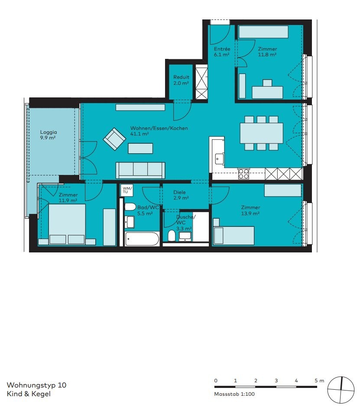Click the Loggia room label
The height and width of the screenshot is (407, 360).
(x=48, y=135)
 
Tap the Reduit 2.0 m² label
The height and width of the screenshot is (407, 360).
(x=181, y=80)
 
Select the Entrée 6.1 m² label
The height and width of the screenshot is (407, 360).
(x=222, y=52)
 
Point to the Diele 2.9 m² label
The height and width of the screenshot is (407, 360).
(x=181, y=195)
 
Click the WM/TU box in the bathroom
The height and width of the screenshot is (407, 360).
(x=126, y=190)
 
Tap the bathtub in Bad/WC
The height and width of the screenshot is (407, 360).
(x=142, y=239)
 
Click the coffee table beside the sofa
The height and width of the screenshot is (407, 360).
(x=140, y=148)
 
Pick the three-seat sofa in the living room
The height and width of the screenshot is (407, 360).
(x=140, y=169)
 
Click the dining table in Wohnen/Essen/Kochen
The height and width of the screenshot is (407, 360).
(x=261, y=132)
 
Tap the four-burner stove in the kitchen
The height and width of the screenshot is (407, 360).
(x=243, y=174)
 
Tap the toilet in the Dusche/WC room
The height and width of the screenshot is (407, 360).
(x=172, y=236)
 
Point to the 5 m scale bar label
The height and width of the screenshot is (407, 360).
(x=319, y=380)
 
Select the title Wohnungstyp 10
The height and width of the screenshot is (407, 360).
(x=37, y=384)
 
